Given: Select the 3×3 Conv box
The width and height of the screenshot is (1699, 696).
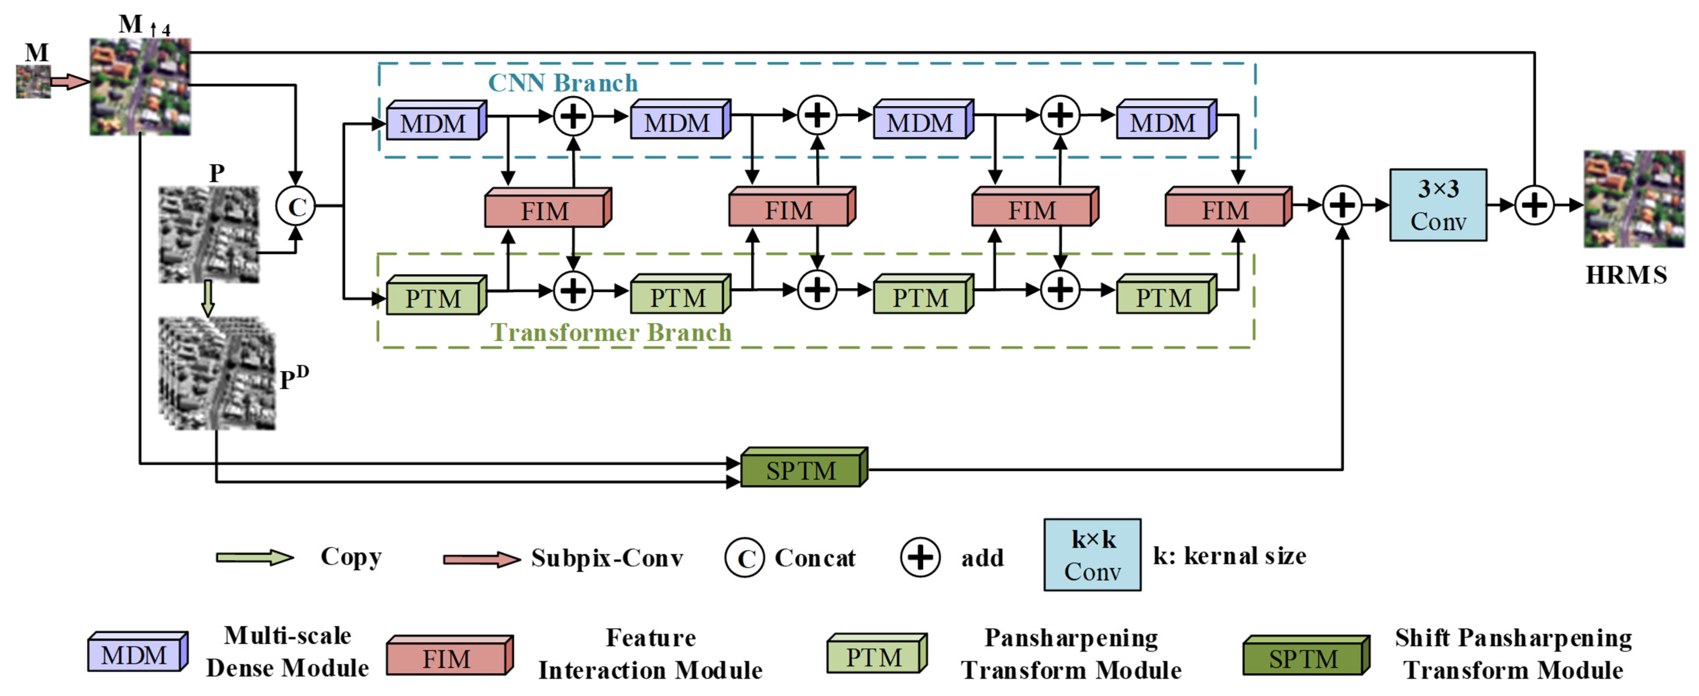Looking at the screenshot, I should click(1438, 205).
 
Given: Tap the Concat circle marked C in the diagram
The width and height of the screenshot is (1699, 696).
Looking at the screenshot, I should click(296, 206).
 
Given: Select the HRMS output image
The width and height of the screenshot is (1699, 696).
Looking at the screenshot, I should click(1634, 199).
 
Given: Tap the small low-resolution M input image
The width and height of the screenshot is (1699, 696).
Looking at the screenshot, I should click(33, 82).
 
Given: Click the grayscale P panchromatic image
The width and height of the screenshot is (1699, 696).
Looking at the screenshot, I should click(208, 235).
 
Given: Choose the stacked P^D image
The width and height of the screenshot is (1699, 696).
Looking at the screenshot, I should click(216, 373).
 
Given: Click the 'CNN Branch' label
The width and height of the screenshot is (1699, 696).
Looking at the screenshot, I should click(562, 83).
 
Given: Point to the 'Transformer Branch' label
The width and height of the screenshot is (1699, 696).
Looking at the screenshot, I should click(611, 332).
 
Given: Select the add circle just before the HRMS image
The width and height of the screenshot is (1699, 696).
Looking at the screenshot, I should click(1534, 205).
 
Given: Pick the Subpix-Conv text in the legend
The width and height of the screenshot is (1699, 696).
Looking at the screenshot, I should click(607, 558).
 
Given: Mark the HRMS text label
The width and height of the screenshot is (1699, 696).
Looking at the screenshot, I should click(1626, 275).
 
